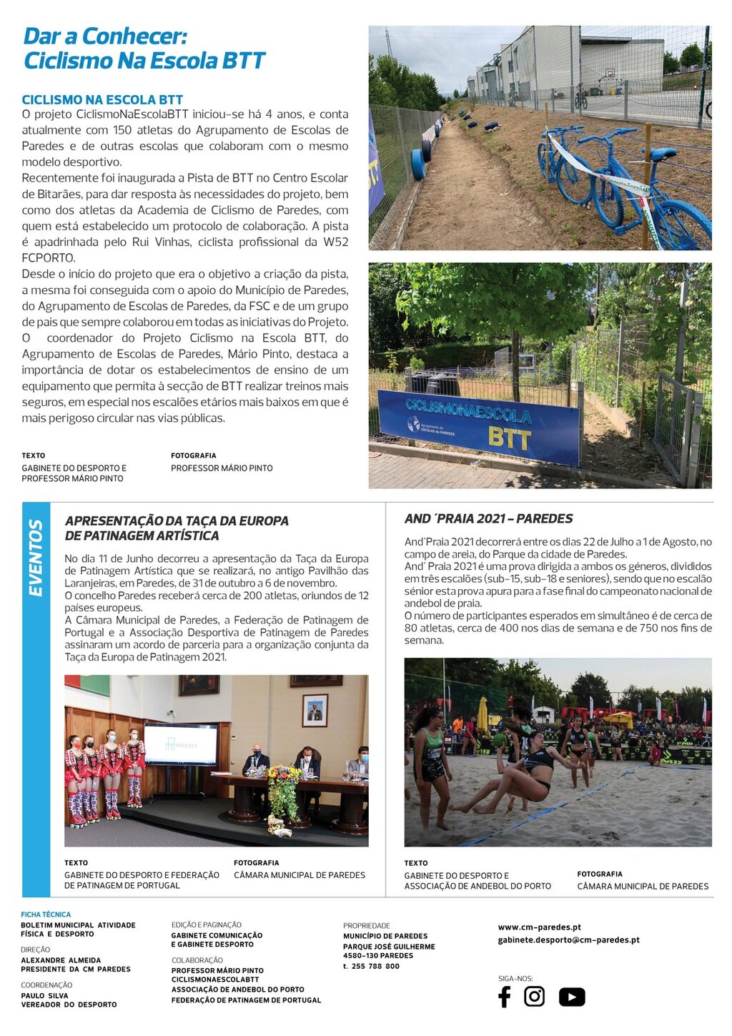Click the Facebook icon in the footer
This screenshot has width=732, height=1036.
coord(504,997)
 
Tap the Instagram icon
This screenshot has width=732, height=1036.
coord(534,996)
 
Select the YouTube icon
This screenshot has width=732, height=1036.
coord(571,997)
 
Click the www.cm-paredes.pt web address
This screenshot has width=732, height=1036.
coord(539,927)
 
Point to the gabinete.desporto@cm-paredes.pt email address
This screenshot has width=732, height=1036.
coord(568,939)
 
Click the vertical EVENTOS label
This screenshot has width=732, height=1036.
coord(36,558)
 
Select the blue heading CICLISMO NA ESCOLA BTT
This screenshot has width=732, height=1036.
coord(102,100)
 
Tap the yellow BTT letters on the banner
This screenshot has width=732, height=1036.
coord(509,438)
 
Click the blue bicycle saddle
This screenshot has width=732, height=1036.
coord(663,154)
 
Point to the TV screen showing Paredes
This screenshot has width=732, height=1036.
coord(181,745)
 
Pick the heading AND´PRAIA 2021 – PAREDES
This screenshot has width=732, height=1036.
coord(488,519)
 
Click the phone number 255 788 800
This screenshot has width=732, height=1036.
coord(371,966)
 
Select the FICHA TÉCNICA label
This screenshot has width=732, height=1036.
coord(46,914)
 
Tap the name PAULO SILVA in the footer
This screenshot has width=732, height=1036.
coord(44,995)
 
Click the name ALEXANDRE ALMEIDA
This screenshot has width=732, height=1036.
coord(61,960)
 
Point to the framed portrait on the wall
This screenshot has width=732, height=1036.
coord(315,710)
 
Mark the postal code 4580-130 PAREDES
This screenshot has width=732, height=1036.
coord(378,955)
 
